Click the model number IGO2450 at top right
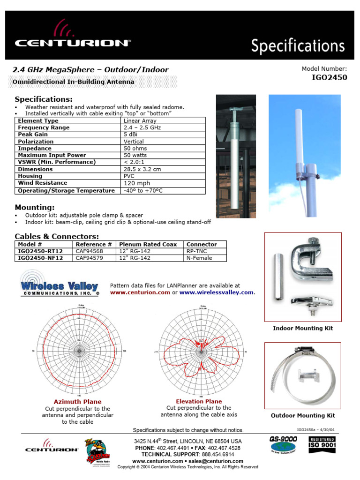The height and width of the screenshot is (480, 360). click(x=329, y=78)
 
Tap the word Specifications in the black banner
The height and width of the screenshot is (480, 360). click(x=298, y=46)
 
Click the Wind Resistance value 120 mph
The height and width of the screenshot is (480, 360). click(x=137, y=183)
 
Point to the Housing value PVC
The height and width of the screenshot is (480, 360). click(x=129, y=176)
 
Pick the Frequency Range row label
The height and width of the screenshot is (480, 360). click(x=44, y=127)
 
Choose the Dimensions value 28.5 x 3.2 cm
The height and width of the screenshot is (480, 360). click(x=142, y=169)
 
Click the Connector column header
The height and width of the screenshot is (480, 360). click(x=202, y=244)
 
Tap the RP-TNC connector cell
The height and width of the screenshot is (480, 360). click(x=196, y=251)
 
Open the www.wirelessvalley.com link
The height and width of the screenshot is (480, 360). click(x=217, y=292)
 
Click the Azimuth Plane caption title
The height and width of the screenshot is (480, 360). click(x=77, y=402)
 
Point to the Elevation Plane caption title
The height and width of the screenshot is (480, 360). click(x=199, y=401)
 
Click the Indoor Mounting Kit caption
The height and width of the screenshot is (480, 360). click(x=303, y=329)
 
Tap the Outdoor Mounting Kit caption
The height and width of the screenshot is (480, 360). click(x=303, y=416)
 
